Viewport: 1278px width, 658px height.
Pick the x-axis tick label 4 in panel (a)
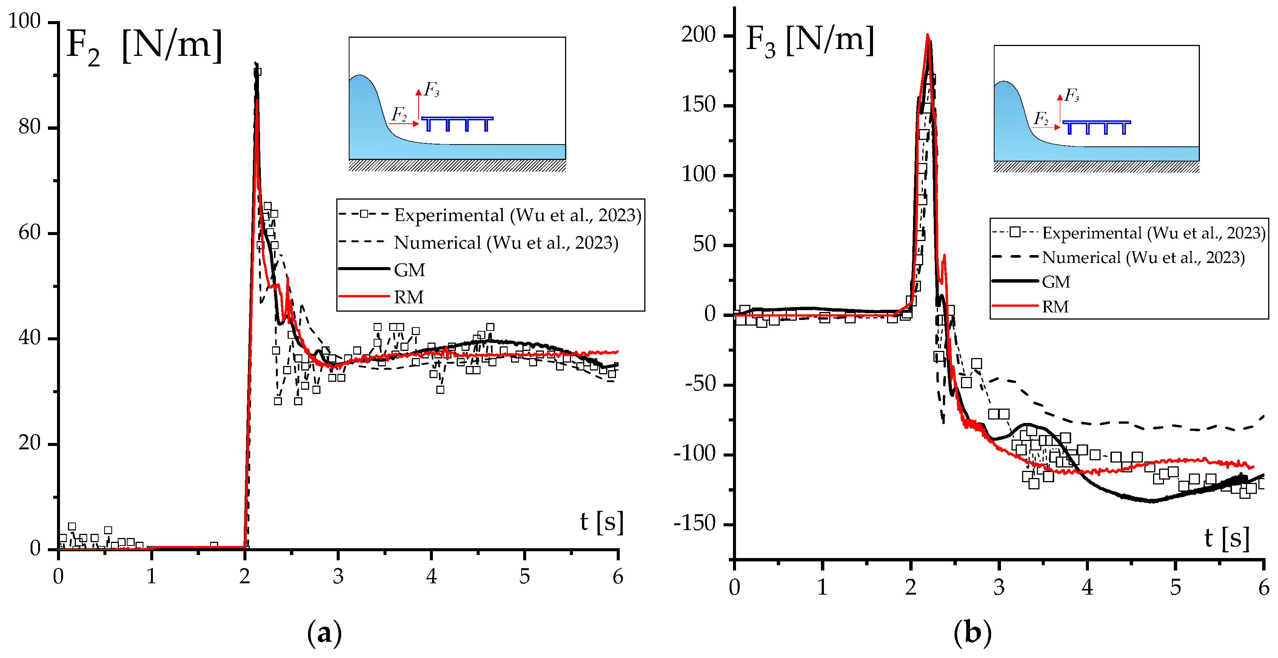coord(431,576)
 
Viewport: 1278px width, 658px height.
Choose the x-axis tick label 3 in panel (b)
coord(999,587)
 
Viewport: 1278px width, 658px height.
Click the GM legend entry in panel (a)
coord(409,270)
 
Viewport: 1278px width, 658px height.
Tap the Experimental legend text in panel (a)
coord(517,215)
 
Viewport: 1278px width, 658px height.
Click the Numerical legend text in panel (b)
coord(1143,258)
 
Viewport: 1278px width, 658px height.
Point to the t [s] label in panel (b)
coord(1226,538)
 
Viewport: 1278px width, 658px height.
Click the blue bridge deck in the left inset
coord(457,118)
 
